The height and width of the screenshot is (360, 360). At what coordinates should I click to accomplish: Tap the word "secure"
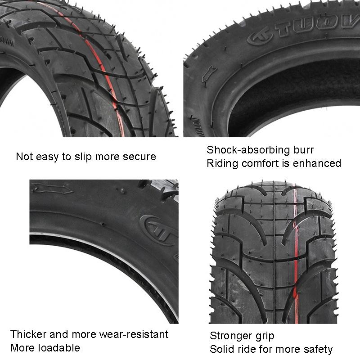(138, 157)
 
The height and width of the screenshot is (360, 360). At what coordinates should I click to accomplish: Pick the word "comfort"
(261, 163)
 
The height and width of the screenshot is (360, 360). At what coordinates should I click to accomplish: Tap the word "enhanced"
(318, 163)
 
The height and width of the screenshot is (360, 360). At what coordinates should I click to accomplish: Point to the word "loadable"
(60, 348)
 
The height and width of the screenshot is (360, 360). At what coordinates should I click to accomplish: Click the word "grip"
(265, 336)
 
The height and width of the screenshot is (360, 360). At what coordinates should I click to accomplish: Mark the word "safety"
(318, 349)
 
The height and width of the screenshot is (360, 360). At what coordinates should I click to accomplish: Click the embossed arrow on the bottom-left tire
(52, 189)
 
